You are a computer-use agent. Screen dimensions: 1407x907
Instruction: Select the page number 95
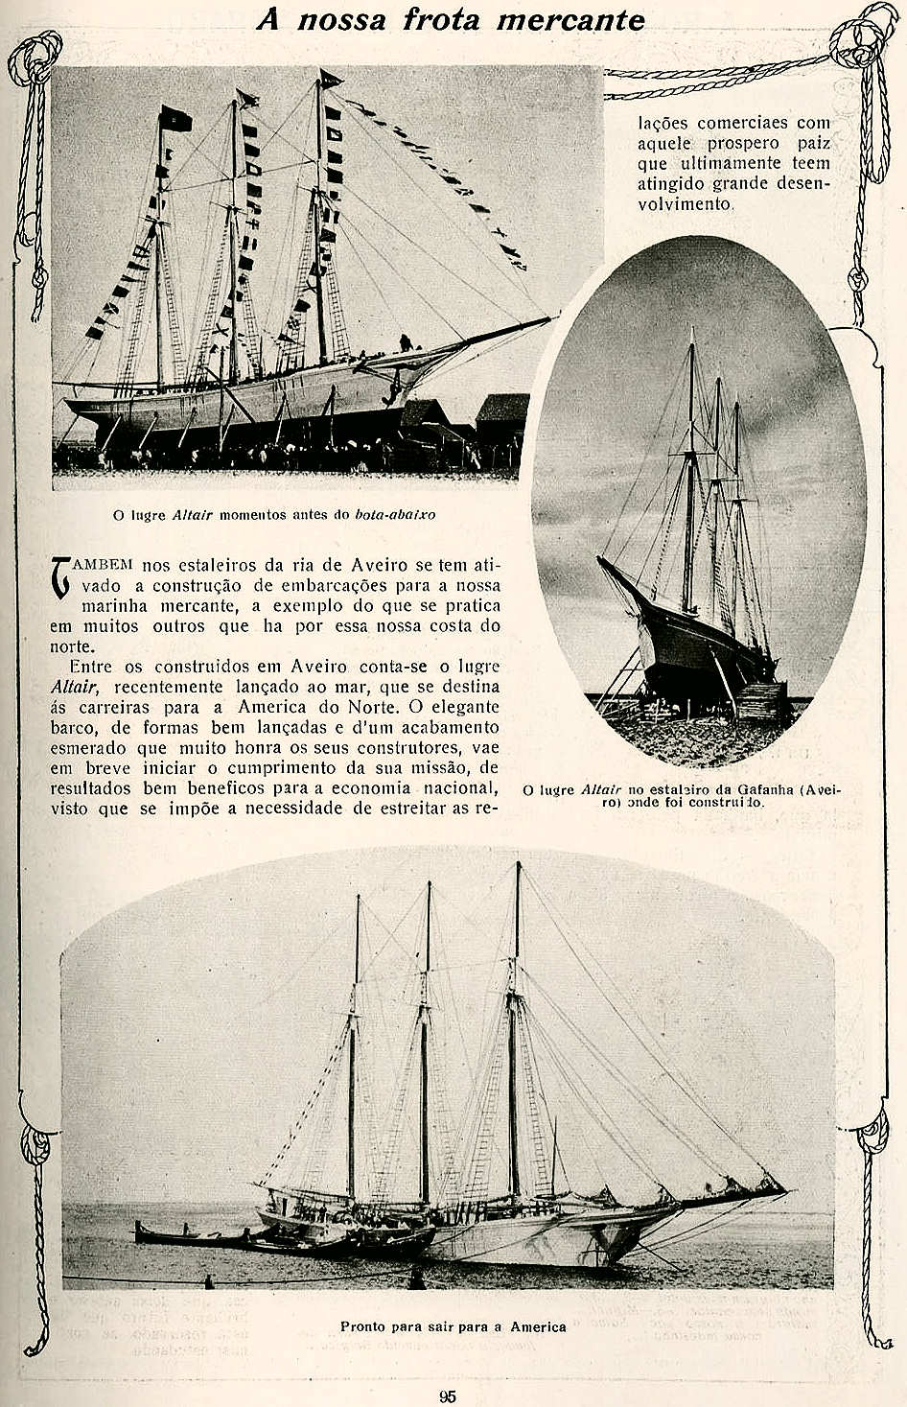448,1396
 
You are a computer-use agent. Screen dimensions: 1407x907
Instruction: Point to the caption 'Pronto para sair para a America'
453,1326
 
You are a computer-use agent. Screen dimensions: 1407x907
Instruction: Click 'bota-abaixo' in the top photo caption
395,514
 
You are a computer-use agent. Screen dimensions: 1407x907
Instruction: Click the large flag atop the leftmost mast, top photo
175,119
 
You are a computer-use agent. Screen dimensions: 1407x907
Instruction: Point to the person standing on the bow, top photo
406,342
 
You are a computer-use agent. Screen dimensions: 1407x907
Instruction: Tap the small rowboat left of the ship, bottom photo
192,1237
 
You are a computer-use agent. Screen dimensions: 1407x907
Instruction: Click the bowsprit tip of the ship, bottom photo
784,1191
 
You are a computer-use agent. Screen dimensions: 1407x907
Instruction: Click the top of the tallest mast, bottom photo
519,865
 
